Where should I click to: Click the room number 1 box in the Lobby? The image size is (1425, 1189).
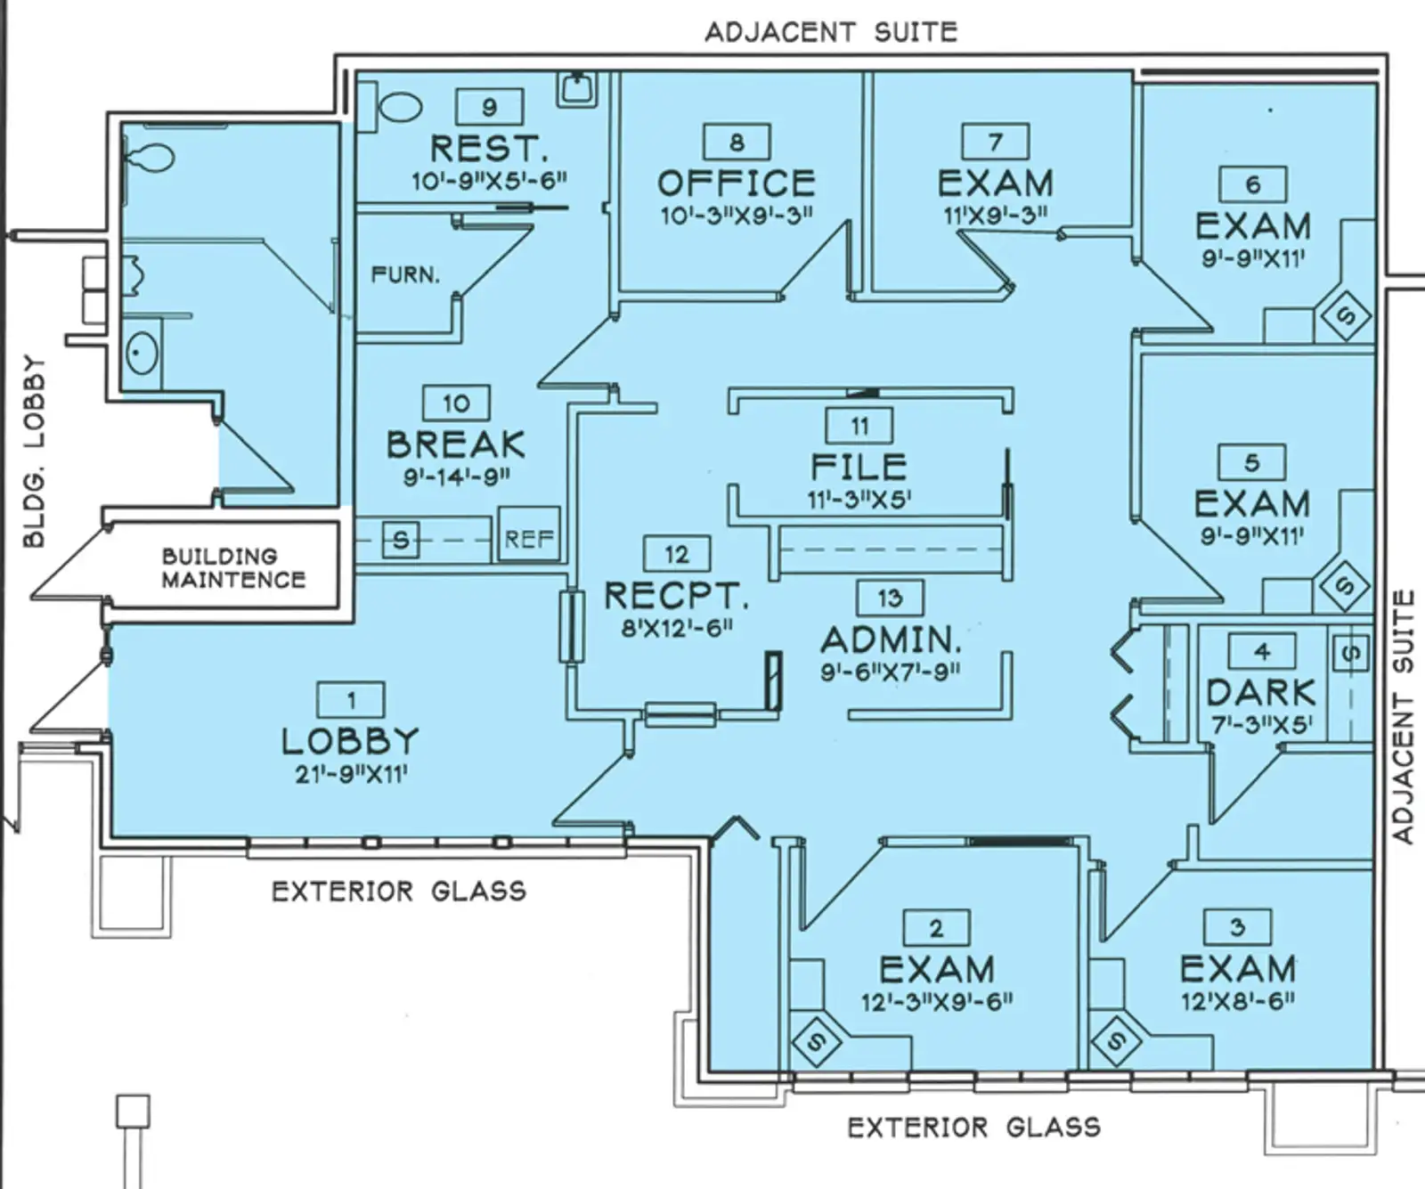coord(351,700)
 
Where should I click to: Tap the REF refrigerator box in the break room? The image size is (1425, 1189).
coord(529,538)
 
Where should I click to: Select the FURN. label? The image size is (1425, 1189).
coord(405,274)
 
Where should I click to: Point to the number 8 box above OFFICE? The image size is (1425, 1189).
coord(737,143)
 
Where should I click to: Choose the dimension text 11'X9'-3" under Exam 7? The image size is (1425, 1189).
coord(995,215)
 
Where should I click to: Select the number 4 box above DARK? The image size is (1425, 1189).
coord(1261,652)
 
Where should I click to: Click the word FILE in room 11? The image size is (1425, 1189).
coord(859,467)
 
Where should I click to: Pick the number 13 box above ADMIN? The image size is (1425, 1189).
coord(889,599)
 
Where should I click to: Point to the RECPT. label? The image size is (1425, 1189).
coord(676,595)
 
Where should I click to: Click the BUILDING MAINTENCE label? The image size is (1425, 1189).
coord(233,568)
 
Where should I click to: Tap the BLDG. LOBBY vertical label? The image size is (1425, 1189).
coord(34,451)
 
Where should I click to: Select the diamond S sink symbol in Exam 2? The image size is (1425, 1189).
coord(817,1039)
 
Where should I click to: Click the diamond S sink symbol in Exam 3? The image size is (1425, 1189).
coord(1118,1039)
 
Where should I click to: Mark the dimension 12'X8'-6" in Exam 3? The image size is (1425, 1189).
coord(1238,1000)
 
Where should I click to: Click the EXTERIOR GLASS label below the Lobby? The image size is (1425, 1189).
coord(398,892)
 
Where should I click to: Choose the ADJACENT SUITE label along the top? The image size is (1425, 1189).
coord(831,33)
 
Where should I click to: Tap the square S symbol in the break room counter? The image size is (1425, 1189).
coord(401,540)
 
